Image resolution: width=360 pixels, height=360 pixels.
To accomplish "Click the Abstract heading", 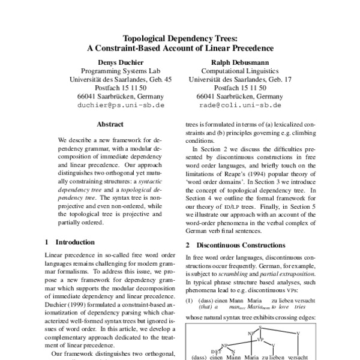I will (x=110, y=125).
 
